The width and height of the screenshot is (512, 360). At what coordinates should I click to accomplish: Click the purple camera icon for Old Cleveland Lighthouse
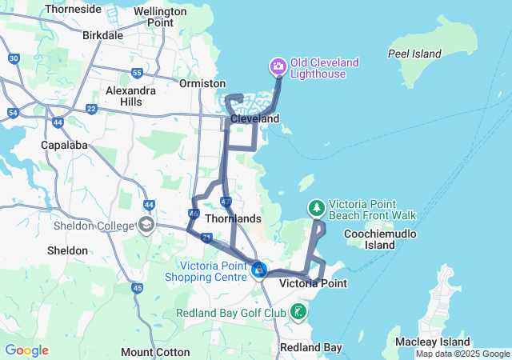click(278, 66)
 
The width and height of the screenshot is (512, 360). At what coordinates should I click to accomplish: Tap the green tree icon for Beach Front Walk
click(318, 209)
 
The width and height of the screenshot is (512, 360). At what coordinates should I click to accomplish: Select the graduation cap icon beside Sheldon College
click(146, 226)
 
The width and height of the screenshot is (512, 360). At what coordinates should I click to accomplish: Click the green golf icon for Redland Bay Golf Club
click(298, 311)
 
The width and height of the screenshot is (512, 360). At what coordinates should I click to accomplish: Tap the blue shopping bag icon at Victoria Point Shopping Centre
click(258, 270)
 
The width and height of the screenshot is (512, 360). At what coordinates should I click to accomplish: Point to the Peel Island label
click(414, 54)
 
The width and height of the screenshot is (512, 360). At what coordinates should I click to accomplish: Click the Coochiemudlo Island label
click(370, 238)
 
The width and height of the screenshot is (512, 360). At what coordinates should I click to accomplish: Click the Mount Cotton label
click(155, 352)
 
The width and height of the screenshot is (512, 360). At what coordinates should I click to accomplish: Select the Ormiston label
click(202, 83)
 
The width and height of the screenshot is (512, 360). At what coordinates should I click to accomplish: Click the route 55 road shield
click(137, 73)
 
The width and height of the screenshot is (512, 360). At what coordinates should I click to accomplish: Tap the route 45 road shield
click(137, 288)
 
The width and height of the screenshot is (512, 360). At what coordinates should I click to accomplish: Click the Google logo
click(26, 350)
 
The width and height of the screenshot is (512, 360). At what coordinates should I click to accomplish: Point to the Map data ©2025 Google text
click(462, 354)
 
